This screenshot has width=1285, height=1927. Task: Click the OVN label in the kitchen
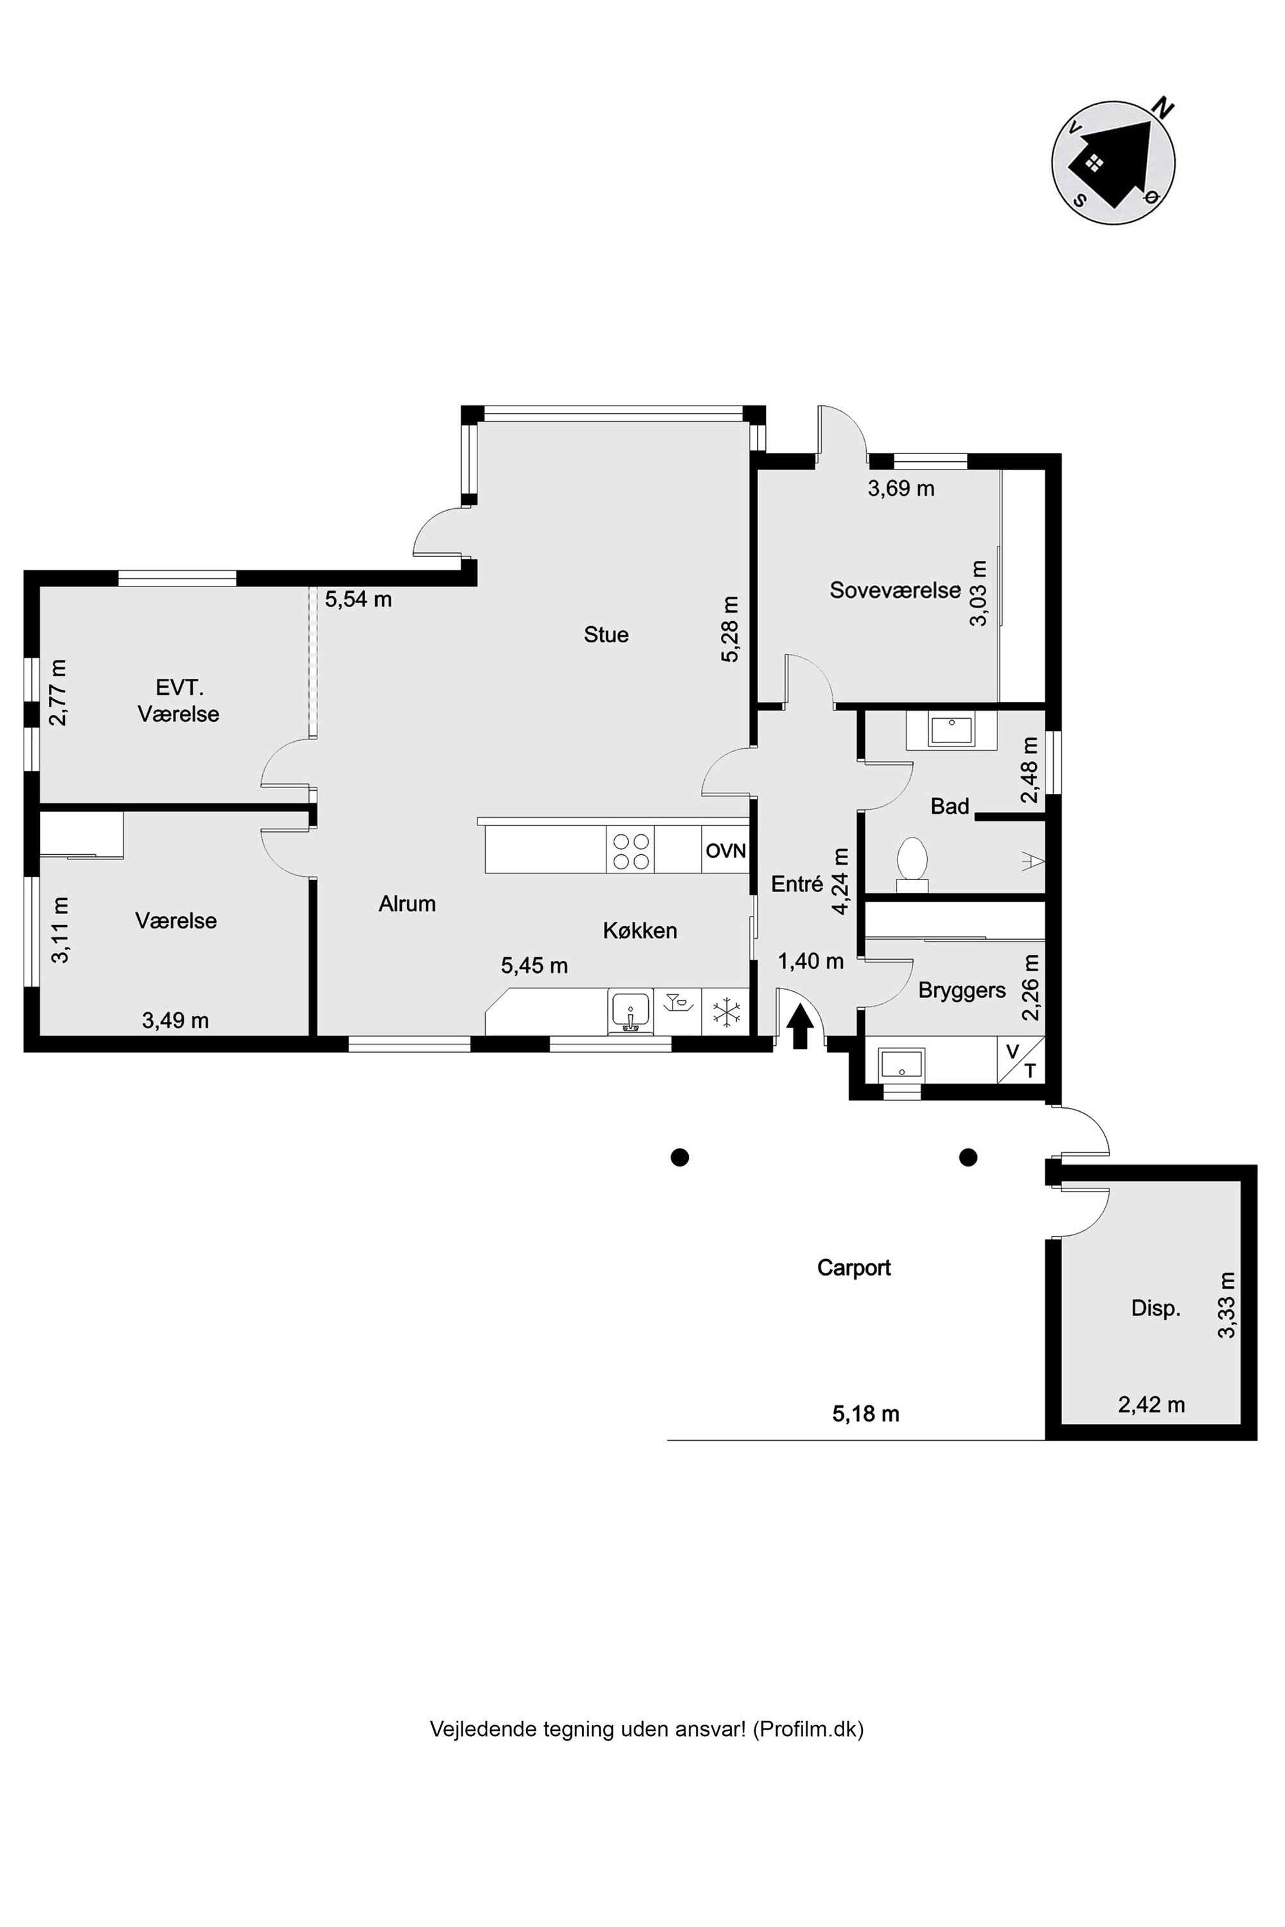click(x=725, y=850)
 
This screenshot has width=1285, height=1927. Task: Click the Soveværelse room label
click(x=894, y=590)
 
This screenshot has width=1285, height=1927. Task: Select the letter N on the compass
click(x=1163, y=107)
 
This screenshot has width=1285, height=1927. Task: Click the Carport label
click(x=853, y=1267)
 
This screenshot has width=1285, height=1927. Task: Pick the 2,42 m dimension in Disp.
click(x=1151, y=1404)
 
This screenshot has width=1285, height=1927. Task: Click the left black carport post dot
click(x=679, y=1157)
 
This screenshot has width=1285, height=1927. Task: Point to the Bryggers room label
click(x=961, y=990)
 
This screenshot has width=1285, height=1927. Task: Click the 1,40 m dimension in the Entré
click(x=810, y=961)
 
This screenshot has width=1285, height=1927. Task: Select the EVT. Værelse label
click(x=178, y=701)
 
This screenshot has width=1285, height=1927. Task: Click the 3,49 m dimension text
click(x=175, y=1020)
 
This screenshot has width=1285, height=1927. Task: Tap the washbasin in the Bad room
click(x=951, y=728)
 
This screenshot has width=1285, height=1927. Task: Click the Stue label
click(x=606, y=634)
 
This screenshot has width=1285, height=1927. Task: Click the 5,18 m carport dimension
click(x=865, y=1413)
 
